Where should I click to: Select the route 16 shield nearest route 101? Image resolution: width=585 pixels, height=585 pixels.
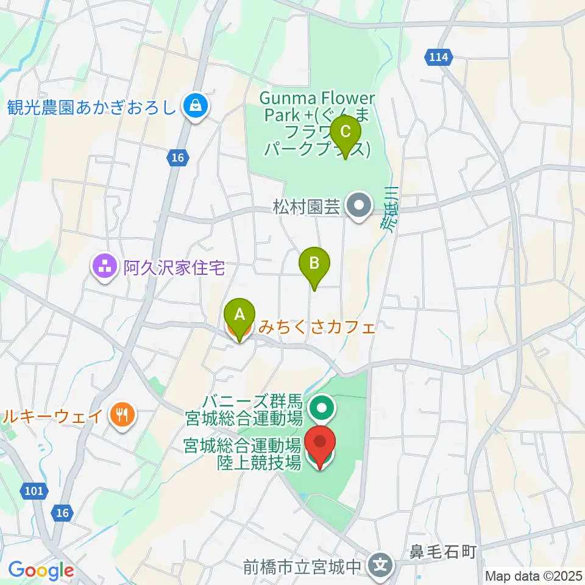[x=62, y=514]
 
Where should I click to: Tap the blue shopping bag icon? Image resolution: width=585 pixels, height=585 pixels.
[x=196, y=108]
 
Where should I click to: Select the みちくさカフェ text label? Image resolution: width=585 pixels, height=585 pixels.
[x=316, y=327]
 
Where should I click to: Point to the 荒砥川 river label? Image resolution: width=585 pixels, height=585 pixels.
[x=388, y=210]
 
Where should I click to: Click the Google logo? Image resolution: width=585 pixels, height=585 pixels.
[x=40, y=570]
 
